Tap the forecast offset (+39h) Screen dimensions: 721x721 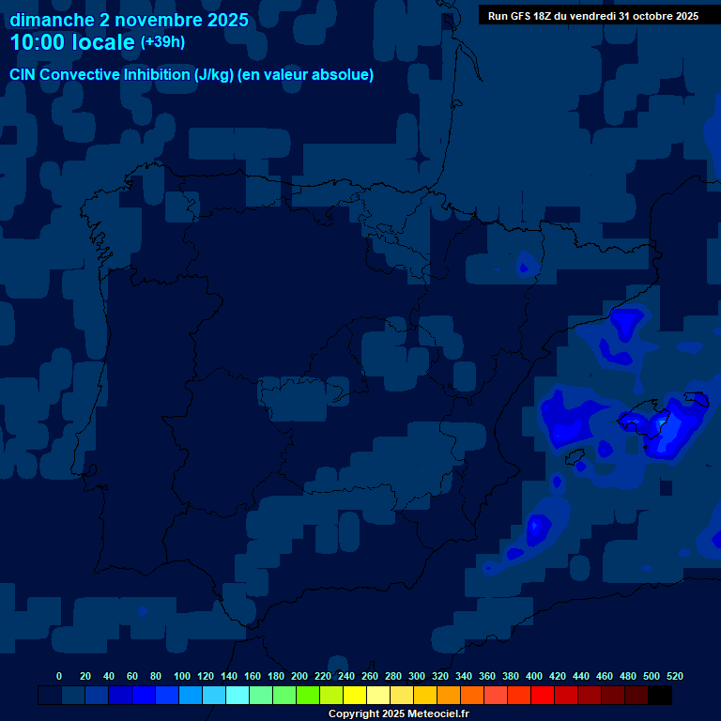tap(162, 42)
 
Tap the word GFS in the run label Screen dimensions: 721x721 tap(526, 16)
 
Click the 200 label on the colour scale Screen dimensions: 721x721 tap(299, 676)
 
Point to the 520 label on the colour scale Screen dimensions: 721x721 tap(674, 676)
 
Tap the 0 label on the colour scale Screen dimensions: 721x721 tap(59, 676)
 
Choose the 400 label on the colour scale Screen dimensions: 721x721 tap(534, 676)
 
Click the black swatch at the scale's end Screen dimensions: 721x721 tap(660, 696)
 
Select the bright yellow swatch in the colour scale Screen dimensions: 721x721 tap(355, 696)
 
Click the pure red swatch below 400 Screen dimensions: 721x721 tap(543, 696)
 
